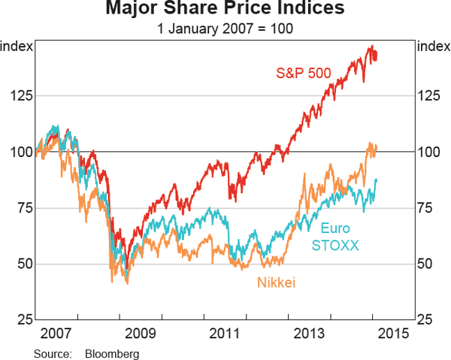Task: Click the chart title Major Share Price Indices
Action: (225, 10)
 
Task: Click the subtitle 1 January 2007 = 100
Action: (225, 29)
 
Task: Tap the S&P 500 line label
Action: (302, 74)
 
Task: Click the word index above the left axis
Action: (17, 47)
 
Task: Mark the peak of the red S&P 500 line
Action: (370, 46)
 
